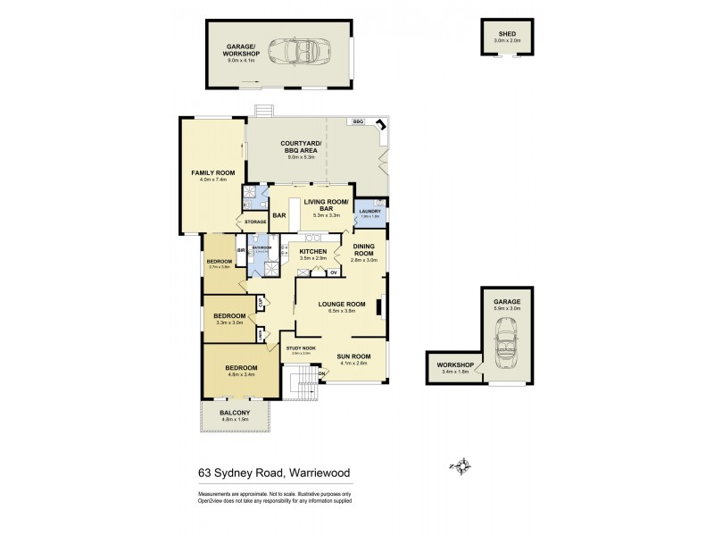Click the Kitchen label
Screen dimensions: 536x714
(312, 253)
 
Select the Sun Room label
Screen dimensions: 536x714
(354, 356)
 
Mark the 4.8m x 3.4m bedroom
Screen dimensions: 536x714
(241, 370)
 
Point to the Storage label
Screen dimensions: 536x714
(256, 221)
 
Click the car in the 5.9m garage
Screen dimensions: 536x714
(505, 344)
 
